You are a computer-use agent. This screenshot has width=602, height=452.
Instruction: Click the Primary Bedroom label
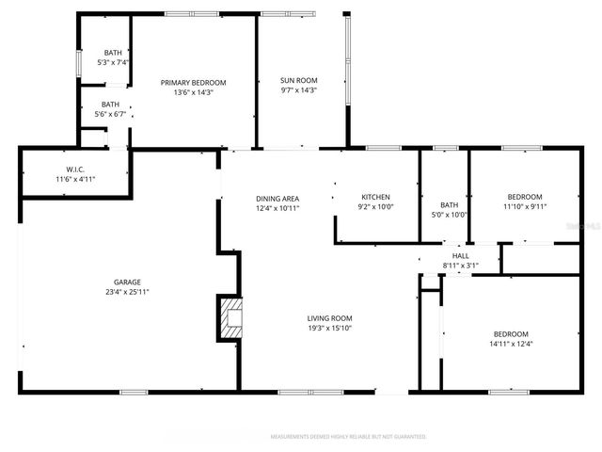tap(194, 82)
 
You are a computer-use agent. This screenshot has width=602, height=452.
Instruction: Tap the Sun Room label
tap(298, 80)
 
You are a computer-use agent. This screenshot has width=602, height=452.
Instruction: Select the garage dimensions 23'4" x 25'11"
tap(128, 293)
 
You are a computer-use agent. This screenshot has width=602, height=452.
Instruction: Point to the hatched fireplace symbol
tap(230, 318)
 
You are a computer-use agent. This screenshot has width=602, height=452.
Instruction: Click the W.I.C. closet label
tap(75, 169)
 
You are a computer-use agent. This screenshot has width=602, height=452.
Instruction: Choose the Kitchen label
tap(375, 197)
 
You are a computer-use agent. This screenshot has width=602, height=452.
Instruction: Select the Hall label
tap(460, 255)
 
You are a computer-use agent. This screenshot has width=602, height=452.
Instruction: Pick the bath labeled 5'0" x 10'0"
tap(449, 215)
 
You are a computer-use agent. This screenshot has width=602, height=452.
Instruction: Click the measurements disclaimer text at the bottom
tap(348, 437)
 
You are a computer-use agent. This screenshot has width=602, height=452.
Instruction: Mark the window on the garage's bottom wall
tap(134, 391)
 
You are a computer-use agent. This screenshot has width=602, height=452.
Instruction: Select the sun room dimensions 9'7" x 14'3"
tap(298, 90)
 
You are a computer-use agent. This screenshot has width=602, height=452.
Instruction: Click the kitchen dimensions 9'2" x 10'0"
tap(375, 207)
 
